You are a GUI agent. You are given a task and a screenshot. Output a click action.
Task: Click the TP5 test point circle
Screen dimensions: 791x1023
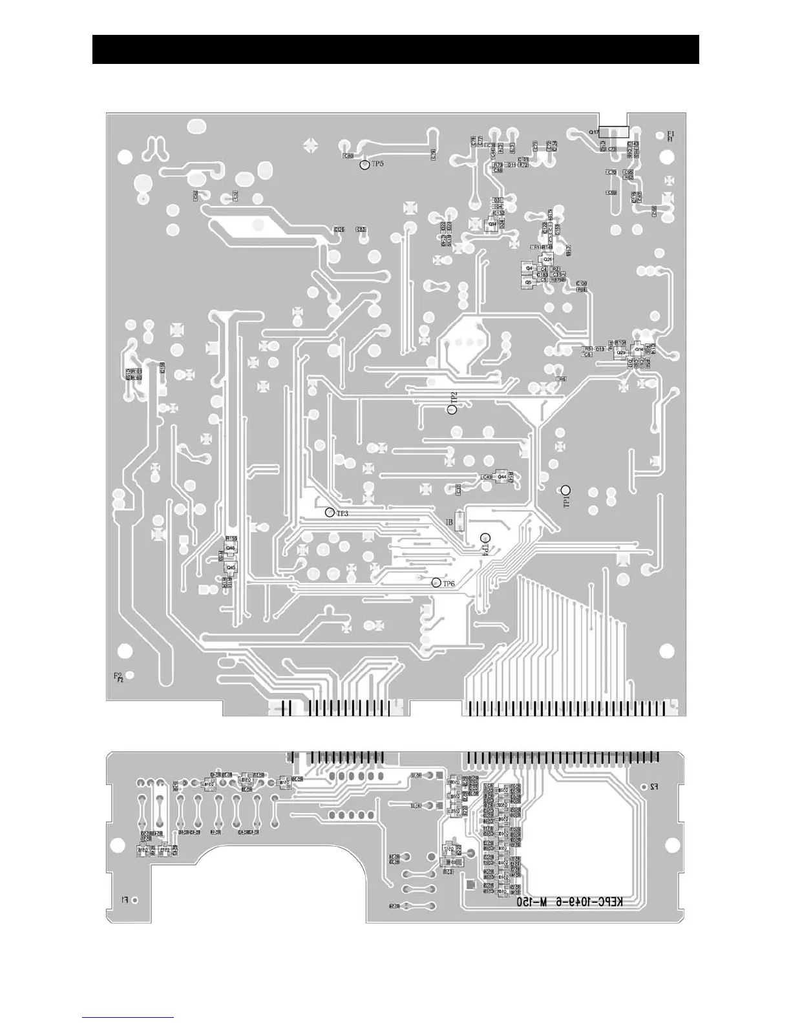point(364,165)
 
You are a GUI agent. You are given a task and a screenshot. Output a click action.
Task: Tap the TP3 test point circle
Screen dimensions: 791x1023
point(330,512)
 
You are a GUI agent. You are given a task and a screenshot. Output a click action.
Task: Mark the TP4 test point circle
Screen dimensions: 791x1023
point(485,537)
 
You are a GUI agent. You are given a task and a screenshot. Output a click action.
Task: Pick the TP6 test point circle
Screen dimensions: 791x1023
point(437,583)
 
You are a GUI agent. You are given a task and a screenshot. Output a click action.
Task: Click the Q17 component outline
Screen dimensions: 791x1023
point(613,132)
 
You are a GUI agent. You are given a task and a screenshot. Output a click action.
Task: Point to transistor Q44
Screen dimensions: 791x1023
point(501,477)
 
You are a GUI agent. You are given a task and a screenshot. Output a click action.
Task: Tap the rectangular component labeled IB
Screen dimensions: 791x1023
point(459,521)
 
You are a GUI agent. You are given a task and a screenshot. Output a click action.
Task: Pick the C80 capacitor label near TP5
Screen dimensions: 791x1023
point(348,156)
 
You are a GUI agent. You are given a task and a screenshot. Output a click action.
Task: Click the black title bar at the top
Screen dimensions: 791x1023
point(395,50)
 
